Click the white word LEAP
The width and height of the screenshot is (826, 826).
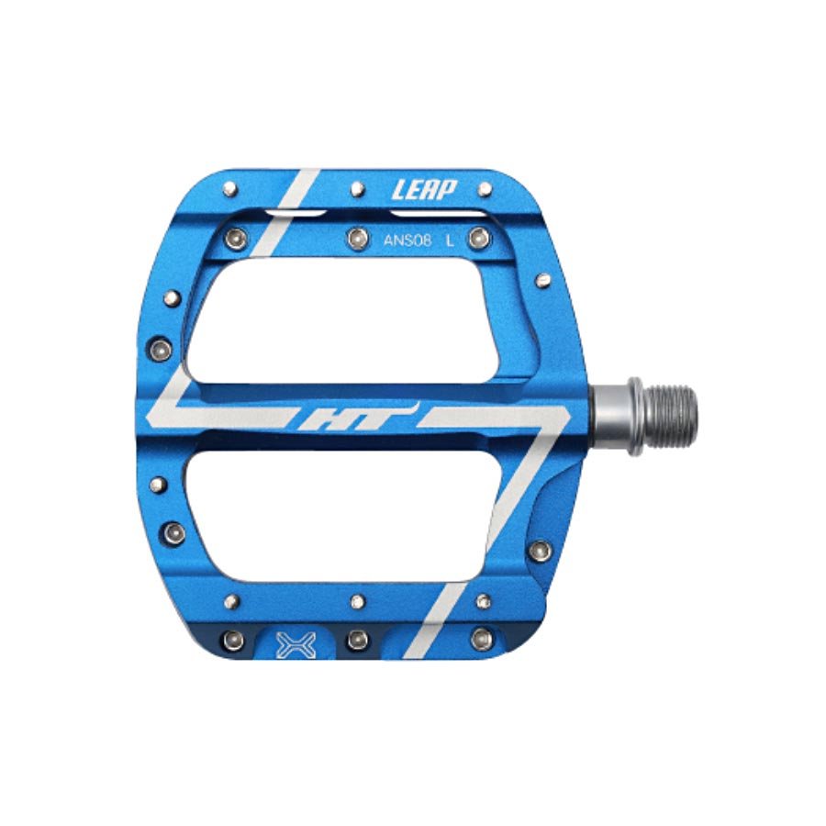point(424,190)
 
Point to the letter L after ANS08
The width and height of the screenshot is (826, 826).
point(449,241)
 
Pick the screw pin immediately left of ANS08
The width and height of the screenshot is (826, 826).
point(355,240)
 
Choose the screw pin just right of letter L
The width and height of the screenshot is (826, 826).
point(475,240)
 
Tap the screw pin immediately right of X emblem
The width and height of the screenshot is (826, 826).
point(357,640)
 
